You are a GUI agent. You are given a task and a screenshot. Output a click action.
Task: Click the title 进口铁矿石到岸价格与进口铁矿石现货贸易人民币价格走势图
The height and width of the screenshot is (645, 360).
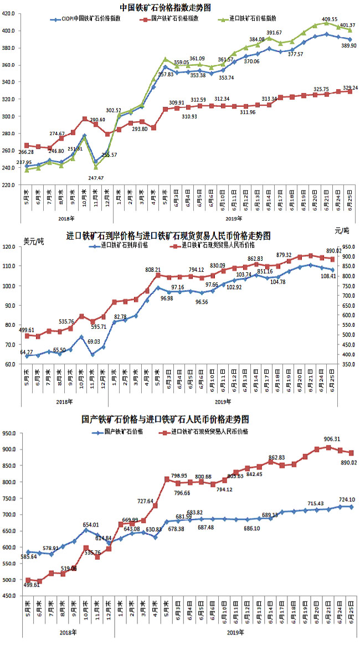click(x=168, y=236)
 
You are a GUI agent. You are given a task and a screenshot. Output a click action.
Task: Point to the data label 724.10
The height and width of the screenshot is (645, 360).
click(x=343, y=500)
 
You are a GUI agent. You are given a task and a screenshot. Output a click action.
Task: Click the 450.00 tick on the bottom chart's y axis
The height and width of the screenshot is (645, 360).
click(x=12, y=596)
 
